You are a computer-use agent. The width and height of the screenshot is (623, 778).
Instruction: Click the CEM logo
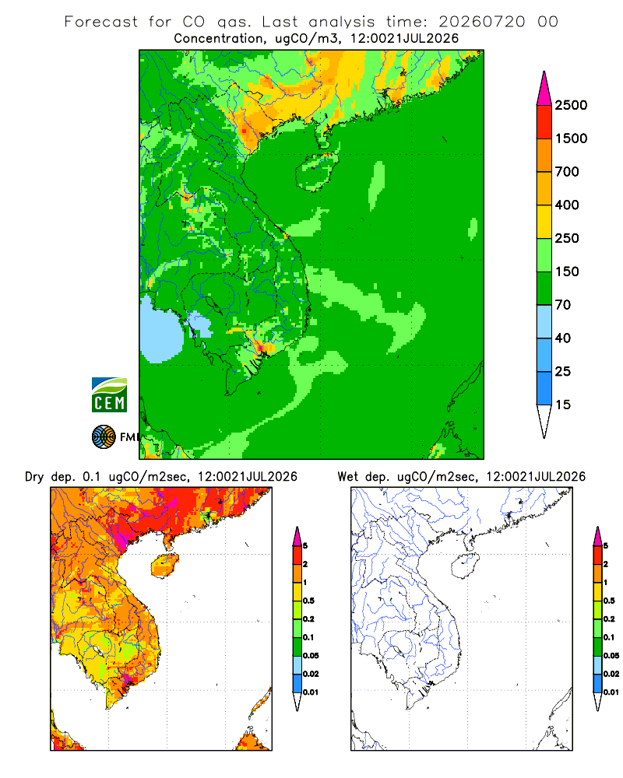coord(109,395)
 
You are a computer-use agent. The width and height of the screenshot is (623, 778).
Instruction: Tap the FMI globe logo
coord(104,437)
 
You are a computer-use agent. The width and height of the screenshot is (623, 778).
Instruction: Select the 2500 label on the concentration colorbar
coord(571,105)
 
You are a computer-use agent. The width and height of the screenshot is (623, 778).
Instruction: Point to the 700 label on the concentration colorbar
coord(567,172)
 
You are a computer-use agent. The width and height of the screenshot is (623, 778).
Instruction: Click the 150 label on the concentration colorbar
coord(567,272)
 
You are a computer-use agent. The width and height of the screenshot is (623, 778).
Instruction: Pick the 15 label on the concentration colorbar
coord(563,405)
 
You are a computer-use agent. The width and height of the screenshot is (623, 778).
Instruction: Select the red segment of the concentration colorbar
coord(544,122)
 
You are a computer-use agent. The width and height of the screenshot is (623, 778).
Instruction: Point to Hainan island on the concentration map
coord(316,172)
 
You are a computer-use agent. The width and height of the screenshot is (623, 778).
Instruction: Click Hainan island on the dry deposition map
coord(165,565)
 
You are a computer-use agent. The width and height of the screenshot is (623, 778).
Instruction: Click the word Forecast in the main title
coord(101,22)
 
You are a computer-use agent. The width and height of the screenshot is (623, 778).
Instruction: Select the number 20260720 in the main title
coord(481,22)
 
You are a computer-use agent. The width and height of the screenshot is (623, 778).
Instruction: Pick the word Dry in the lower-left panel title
coord(34,477)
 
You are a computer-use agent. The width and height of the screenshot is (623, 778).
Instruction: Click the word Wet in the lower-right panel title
coord(347,477)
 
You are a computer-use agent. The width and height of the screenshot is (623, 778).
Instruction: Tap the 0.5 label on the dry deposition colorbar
coord(308,601)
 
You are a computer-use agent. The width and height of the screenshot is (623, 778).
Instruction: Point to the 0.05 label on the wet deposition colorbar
coord(611,656)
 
